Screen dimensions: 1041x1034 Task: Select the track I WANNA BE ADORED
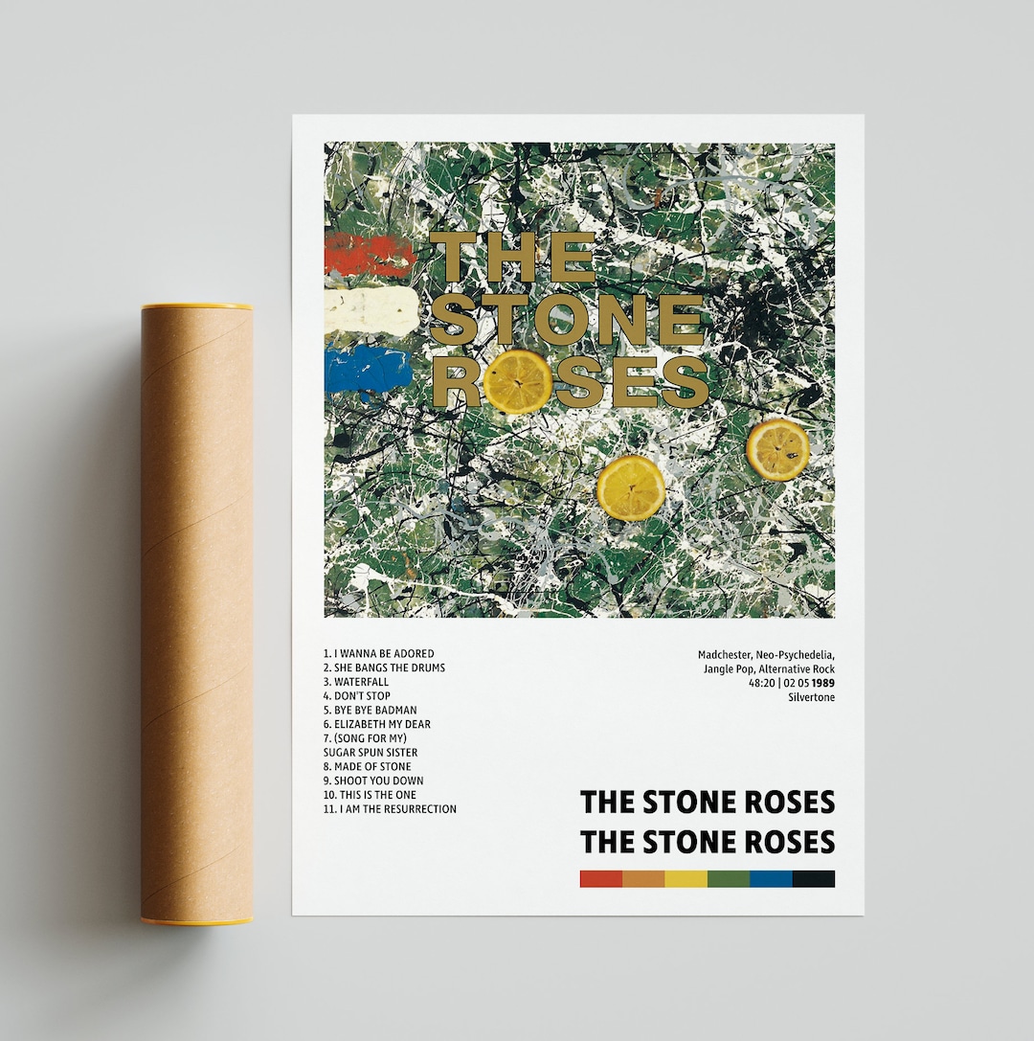click(378, 654)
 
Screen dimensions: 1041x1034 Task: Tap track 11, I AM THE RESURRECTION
click(390, 809)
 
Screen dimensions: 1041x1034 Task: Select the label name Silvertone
click(811, 697)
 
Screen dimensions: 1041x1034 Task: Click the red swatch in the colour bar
click(600, 878)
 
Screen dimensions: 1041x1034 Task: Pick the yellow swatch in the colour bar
click(686, 878)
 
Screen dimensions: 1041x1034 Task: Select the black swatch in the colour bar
click(814, 878)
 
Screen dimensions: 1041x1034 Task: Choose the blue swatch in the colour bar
click(771, 878)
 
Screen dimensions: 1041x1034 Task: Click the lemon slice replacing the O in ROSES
click(517, 381)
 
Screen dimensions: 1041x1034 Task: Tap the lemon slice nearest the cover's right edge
click(777, 448)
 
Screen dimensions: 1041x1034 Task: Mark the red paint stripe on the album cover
click(369, 256)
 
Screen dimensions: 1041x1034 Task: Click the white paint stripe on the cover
click(370, 311)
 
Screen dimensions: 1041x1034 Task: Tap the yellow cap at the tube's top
click(197, 306)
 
